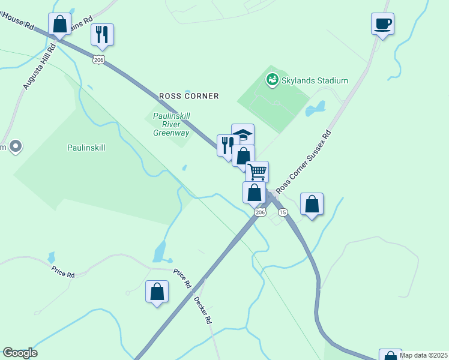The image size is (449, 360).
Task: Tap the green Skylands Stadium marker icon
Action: (272, 79)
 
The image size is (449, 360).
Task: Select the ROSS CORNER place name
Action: (188, 96)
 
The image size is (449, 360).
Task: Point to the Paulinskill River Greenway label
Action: (171, 124)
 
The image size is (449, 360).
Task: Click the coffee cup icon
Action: (382, 24)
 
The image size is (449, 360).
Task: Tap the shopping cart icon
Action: (257, 172)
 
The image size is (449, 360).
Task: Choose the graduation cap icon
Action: (243, 134)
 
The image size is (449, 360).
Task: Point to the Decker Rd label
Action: (203, 310)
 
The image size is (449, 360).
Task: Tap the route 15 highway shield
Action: (283, 212)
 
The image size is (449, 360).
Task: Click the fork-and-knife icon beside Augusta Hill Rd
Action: (102, 34)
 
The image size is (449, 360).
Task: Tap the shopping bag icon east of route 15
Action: (312, 204)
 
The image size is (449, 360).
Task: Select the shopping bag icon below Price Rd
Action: (157, 292)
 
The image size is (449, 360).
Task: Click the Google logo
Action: (20, 353)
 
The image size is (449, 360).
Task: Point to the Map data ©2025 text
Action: (423, 355)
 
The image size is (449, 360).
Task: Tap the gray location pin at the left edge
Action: (16, 146)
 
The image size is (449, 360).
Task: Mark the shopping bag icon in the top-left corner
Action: (59, 25)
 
